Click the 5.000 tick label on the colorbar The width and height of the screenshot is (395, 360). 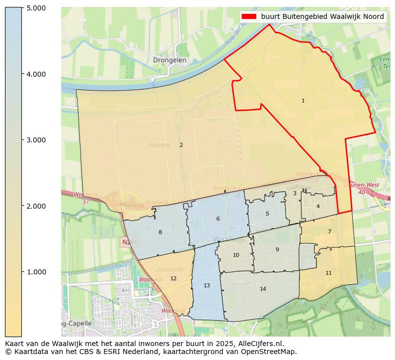click(x=36, y=8)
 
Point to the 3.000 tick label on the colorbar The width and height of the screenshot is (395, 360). click(x=36, y=140)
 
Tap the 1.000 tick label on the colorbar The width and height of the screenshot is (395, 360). click(x=36, y=272)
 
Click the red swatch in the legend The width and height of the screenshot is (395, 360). click(x=249, y=16)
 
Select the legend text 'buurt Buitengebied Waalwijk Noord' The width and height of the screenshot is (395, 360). click(x=322, y=16)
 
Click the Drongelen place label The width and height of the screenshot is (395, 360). click(x=170, y=60)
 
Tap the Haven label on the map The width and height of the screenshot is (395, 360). click(x=159, y=145)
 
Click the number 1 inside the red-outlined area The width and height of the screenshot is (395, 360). click(x=303, y=101)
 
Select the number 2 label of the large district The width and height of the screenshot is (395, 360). click(x=181, y=145)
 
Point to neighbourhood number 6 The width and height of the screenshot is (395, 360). click(x=218, y=219)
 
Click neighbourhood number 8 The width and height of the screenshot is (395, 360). click(x=160, y=232)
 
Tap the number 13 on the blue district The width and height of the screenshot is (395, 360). click(x=206, y=285)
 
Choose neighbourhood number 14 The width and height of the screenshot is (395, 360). click(x=263, y=289)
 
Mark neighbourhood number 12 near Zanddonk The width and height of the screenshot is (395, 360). click(x=173, y=278)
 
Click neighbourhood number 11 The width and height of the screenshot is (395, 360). click(x=328, y=273)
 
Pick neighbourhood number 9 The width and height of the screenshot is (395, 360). click(x=277, y=249)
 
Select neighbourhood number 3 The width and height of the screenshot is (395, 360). click(x=295, y=193)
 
